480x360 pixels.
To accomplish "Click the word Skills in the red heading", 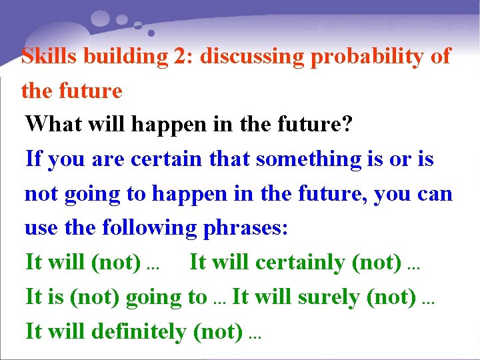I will [x=45, y=56].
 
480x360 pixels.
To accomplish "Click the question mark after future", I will [x=347, y=124].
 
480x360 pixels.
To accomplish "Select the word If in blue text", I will [x=33, y=159].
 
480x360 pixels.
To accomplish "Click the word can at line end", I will [x=436, y=193].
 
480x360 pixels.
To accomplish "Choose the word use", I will [x=42, y=228].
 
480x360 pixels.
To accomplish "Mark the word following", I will [x=149, y=228].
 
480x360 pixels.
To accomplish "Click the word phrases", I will [x=245, y=228].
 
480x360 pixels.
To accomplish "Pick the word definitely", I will [x=139, y=331].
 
